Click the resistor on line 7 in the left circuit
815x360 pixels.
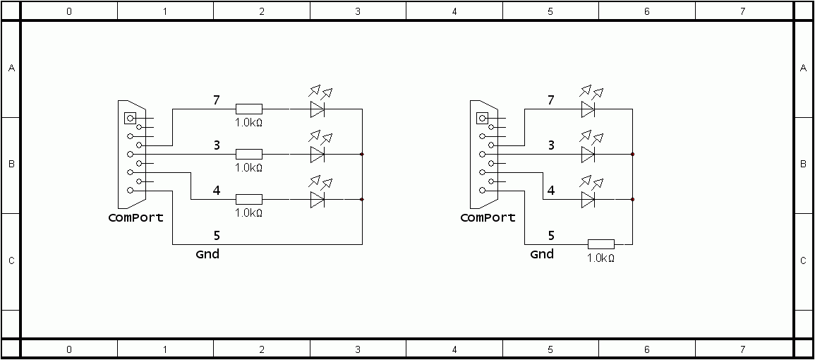(249, 109)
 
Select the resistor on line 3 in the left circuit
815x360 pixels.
(249, 155)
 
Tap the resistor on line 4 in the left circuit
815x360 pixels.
(249, 199)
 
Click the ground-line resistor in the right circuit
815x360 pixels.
(601, 244)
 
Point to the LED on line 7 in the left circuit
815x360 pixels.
(318, 104)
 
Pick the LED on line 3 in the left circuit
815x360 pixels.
(318, 150)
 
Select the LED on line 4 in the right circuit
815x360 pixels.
(588, 195)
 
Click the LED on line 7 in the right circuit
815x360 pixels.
(588, 104)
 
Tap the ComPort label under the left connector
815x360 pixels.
(135, 217)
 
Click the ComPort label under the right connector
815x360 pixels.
(488, 217)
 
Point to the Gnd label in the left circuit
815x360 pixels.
(207, 254)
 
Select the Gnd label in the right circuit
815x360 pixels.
(542, 254)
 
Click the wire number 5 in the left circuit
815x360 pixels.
(217, 236)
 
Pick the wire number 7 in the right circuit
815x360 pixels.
(551, 100)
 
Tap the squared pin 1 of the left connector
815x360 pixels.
(130, 118)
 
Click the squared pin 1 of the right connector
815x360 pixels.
(483, 118)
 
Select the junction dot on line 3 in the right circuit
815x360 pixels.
(632, 155)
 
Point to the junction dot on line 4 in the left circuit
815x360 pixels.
(362, 199)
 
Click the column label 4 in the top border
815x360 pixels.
(454, 11)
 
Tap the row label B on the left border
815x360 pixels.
(11, 164)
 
